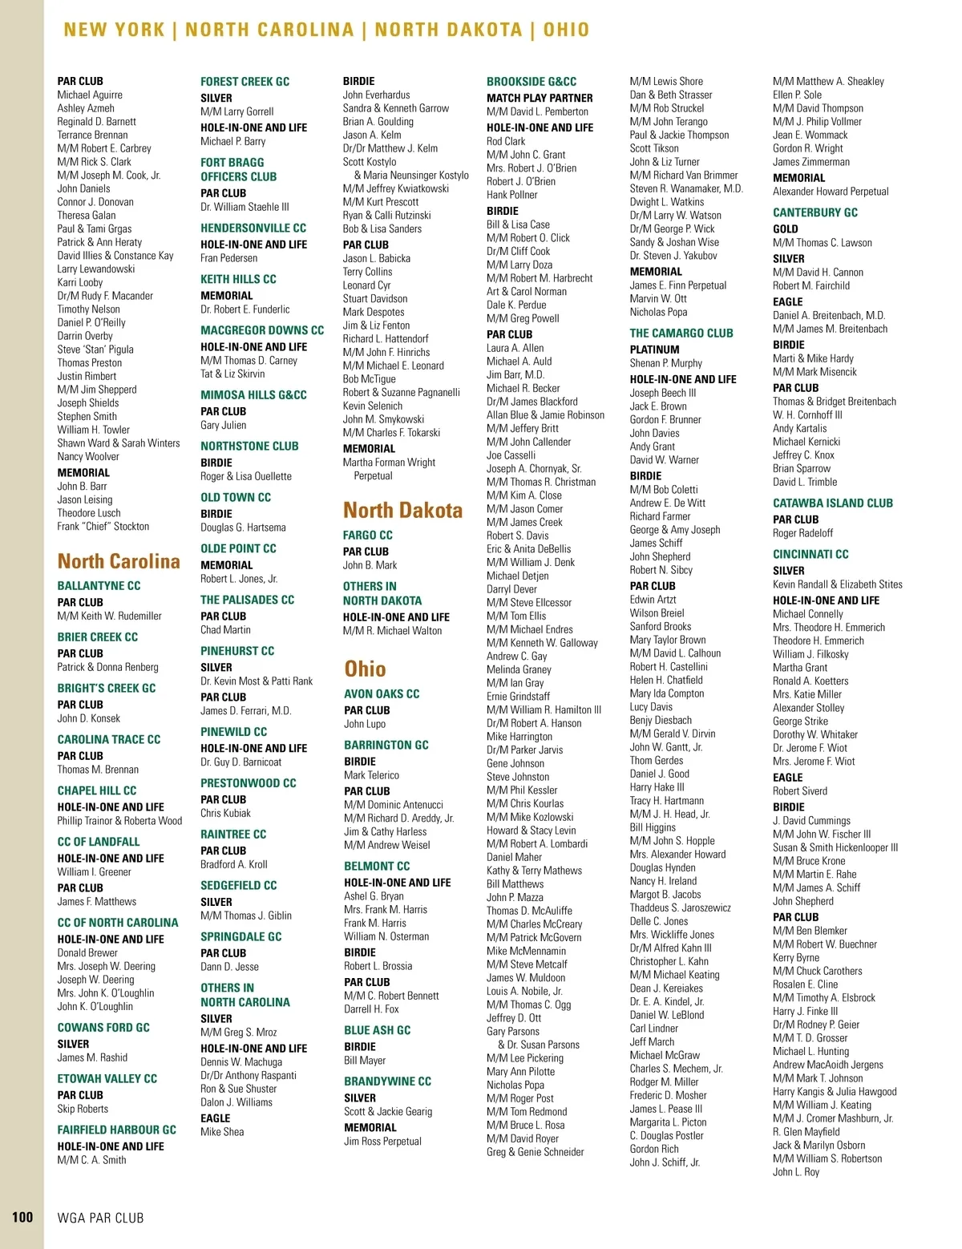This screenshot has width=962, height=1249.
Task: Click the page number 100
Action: [22, 1217]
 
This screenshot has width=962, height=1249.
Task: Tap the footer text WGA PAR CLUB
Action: [100, 1218]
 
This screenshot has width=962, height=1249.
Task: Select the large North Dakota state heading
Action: [402, 510]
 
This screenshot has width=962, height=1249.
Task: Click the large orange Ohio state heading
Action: [365, 669]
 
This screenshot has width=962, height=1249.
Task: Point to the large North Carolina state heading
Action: [119, 561]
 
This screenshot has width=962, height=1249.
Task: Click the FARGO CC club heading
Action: [368, 535]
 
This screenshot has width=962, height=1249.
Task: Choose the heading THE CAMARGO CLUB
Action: [681, 333]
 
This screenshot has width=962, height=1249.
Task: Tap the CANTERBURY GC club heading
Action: [815, 212]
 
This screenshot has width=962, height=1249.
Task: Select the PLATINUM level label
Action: [654, 350]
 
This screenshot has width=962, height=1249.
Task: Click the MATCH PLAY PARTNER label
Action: [540, 98]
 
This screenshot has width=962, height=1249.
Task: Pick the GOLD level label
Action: [786, 228]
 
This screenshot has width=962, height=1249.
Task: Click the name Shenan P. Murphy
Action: [665, 363]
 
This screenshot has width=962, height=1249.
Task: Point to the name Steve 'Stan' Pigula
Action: [95, 350]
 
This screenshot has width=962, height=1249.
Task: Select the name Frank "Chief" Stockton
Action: [103, 527]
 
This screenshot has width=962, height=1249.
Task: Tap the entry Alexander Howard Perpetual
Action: [831, 192]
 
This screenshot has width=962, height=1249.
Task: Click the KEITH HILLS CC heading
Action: [238, 279]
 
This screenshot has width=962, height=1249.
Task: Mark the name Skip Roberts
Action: [83, 1109]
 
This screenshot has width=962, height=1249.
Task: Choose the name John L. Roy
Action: [796, 1172]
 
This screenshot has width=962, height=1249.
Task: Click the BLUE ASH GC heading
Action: [377, 1030]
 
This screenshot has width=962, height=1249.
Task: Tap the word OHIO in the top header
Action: [566, 30]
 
